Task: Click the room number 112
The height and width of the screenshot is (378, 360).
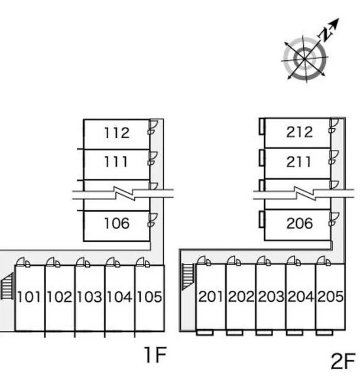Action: (x=116, y=133)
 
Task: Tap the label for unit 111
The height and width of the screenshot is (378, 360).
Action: (x=116, y=161)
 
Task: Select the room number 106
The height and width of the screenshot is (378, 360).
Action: (x=116, y=223)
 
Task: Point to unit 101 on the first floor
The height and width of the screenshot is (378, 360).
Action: (x=30, y=296)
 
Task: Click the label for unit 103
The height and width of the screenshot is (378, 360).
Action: (x=90, y=296)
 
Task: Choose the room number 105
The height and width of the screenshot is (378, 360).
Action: (x=149, y=296)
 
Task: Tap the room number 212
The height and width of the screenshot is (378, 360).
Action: (x=299, y=132)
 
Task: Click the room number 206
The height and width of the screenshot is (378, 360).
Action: (x=299, y=223)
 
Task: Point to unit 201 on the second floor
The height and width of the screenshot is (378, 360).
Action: (x=210, y=296)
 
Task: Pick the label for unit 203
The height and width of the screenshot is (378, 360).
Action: (x=271, y=296)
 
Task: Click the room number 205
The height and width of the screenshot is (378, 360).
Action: (x=330, y=296)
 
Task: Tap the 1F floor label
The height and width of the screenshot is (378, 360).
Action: (x=155, y=355)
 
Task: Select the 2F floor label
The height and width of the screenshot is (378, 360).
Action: (x=343, y=360)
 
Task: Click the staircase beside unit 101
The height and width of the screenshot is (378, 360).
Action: (x=7, y=288)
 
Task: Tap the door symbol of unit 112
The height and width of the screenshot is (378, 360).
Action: (x=152, y=126)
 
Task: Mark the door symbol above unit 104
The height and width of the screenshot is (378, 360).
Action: (x=111, y=262)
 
